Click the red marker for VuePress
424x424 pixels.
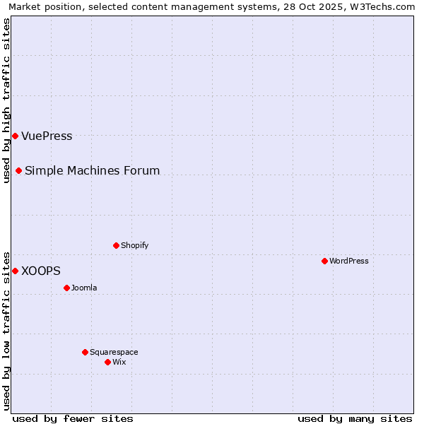tap(15, 136)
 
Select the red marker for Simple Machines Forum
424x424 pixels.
tap(18, 170)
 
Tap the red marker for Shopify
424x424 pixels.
tap(116, 245)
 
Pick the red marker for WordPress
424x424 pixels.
tap(324, 261)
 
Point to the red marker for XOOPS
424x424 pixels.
tap(15, 271)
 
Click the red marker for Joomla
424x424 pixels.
tap(66, 288)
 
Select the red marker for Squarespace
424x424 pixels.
tap(85, 352)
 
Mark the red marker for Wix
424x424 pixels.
tap(107, 362)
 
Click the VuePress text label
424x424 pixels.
tap(47, 136)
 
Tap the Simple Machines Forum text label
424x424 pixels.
tap(92, 170)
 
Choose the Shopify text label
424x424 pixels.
tap(134, 245)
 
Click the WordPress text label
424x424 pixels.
tap(349, 261)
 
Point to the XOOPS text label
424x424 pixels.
tap(41, 271)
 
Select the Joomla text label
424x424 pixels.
tap(84, 288)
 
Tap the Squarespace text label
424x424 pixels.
tap(114, 352)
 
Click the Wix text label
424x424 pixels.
tap(119, 362)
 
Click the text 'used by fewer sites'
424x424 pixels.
tap(73, 418)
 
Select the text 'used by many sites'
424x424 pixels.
tap(355, 418)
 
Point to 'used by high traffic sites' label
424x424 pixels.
tap(6, 100)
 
